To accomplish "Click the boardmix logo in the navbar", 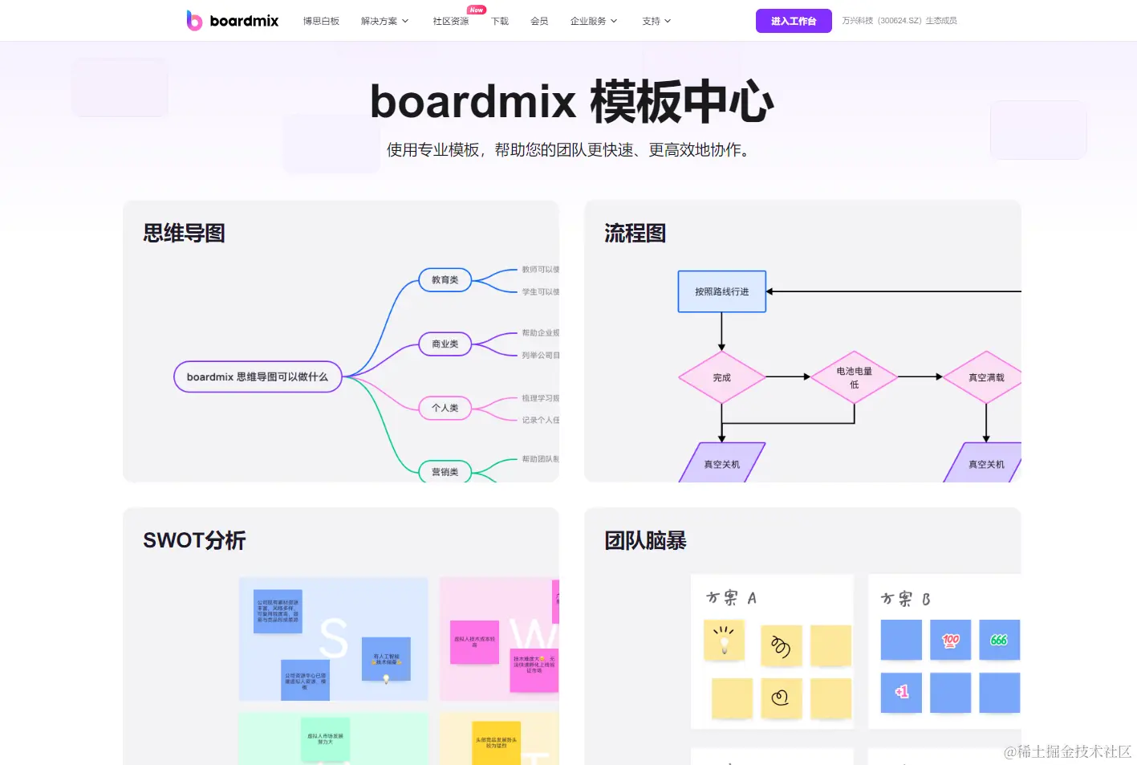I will [232, 21].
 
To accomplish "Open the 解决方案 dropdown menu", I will [384, 22].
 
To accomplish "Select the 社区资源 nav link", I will [450, 22].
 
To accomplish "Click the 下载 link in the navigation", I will [500, 22].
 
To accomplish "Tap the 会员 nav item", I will [539, 22].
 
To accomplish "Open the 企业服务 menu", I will [593, 22].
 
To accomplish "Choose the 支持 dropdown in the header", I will [656, 22].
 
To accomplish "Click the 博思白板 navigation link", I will [321, 22].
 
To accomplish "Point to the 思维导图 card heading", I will [184, 234].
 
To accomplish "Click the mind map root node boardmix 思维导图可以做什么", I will [258, 376].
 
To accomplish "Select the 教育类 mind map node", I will [445, 280].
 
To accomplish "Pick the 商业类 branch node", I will [445, 344].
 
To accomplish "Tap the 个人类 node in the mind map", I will [445, 408].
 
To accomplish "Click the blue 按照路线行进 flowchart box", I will [721, 291].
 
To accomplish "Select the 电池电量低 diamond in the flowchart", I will [854, 377].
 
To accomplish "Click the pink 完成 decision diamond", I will [721, 377].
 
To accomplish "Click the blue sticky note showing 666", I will [999, 640].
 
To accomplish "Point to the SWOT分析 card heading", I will [194, 540].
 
